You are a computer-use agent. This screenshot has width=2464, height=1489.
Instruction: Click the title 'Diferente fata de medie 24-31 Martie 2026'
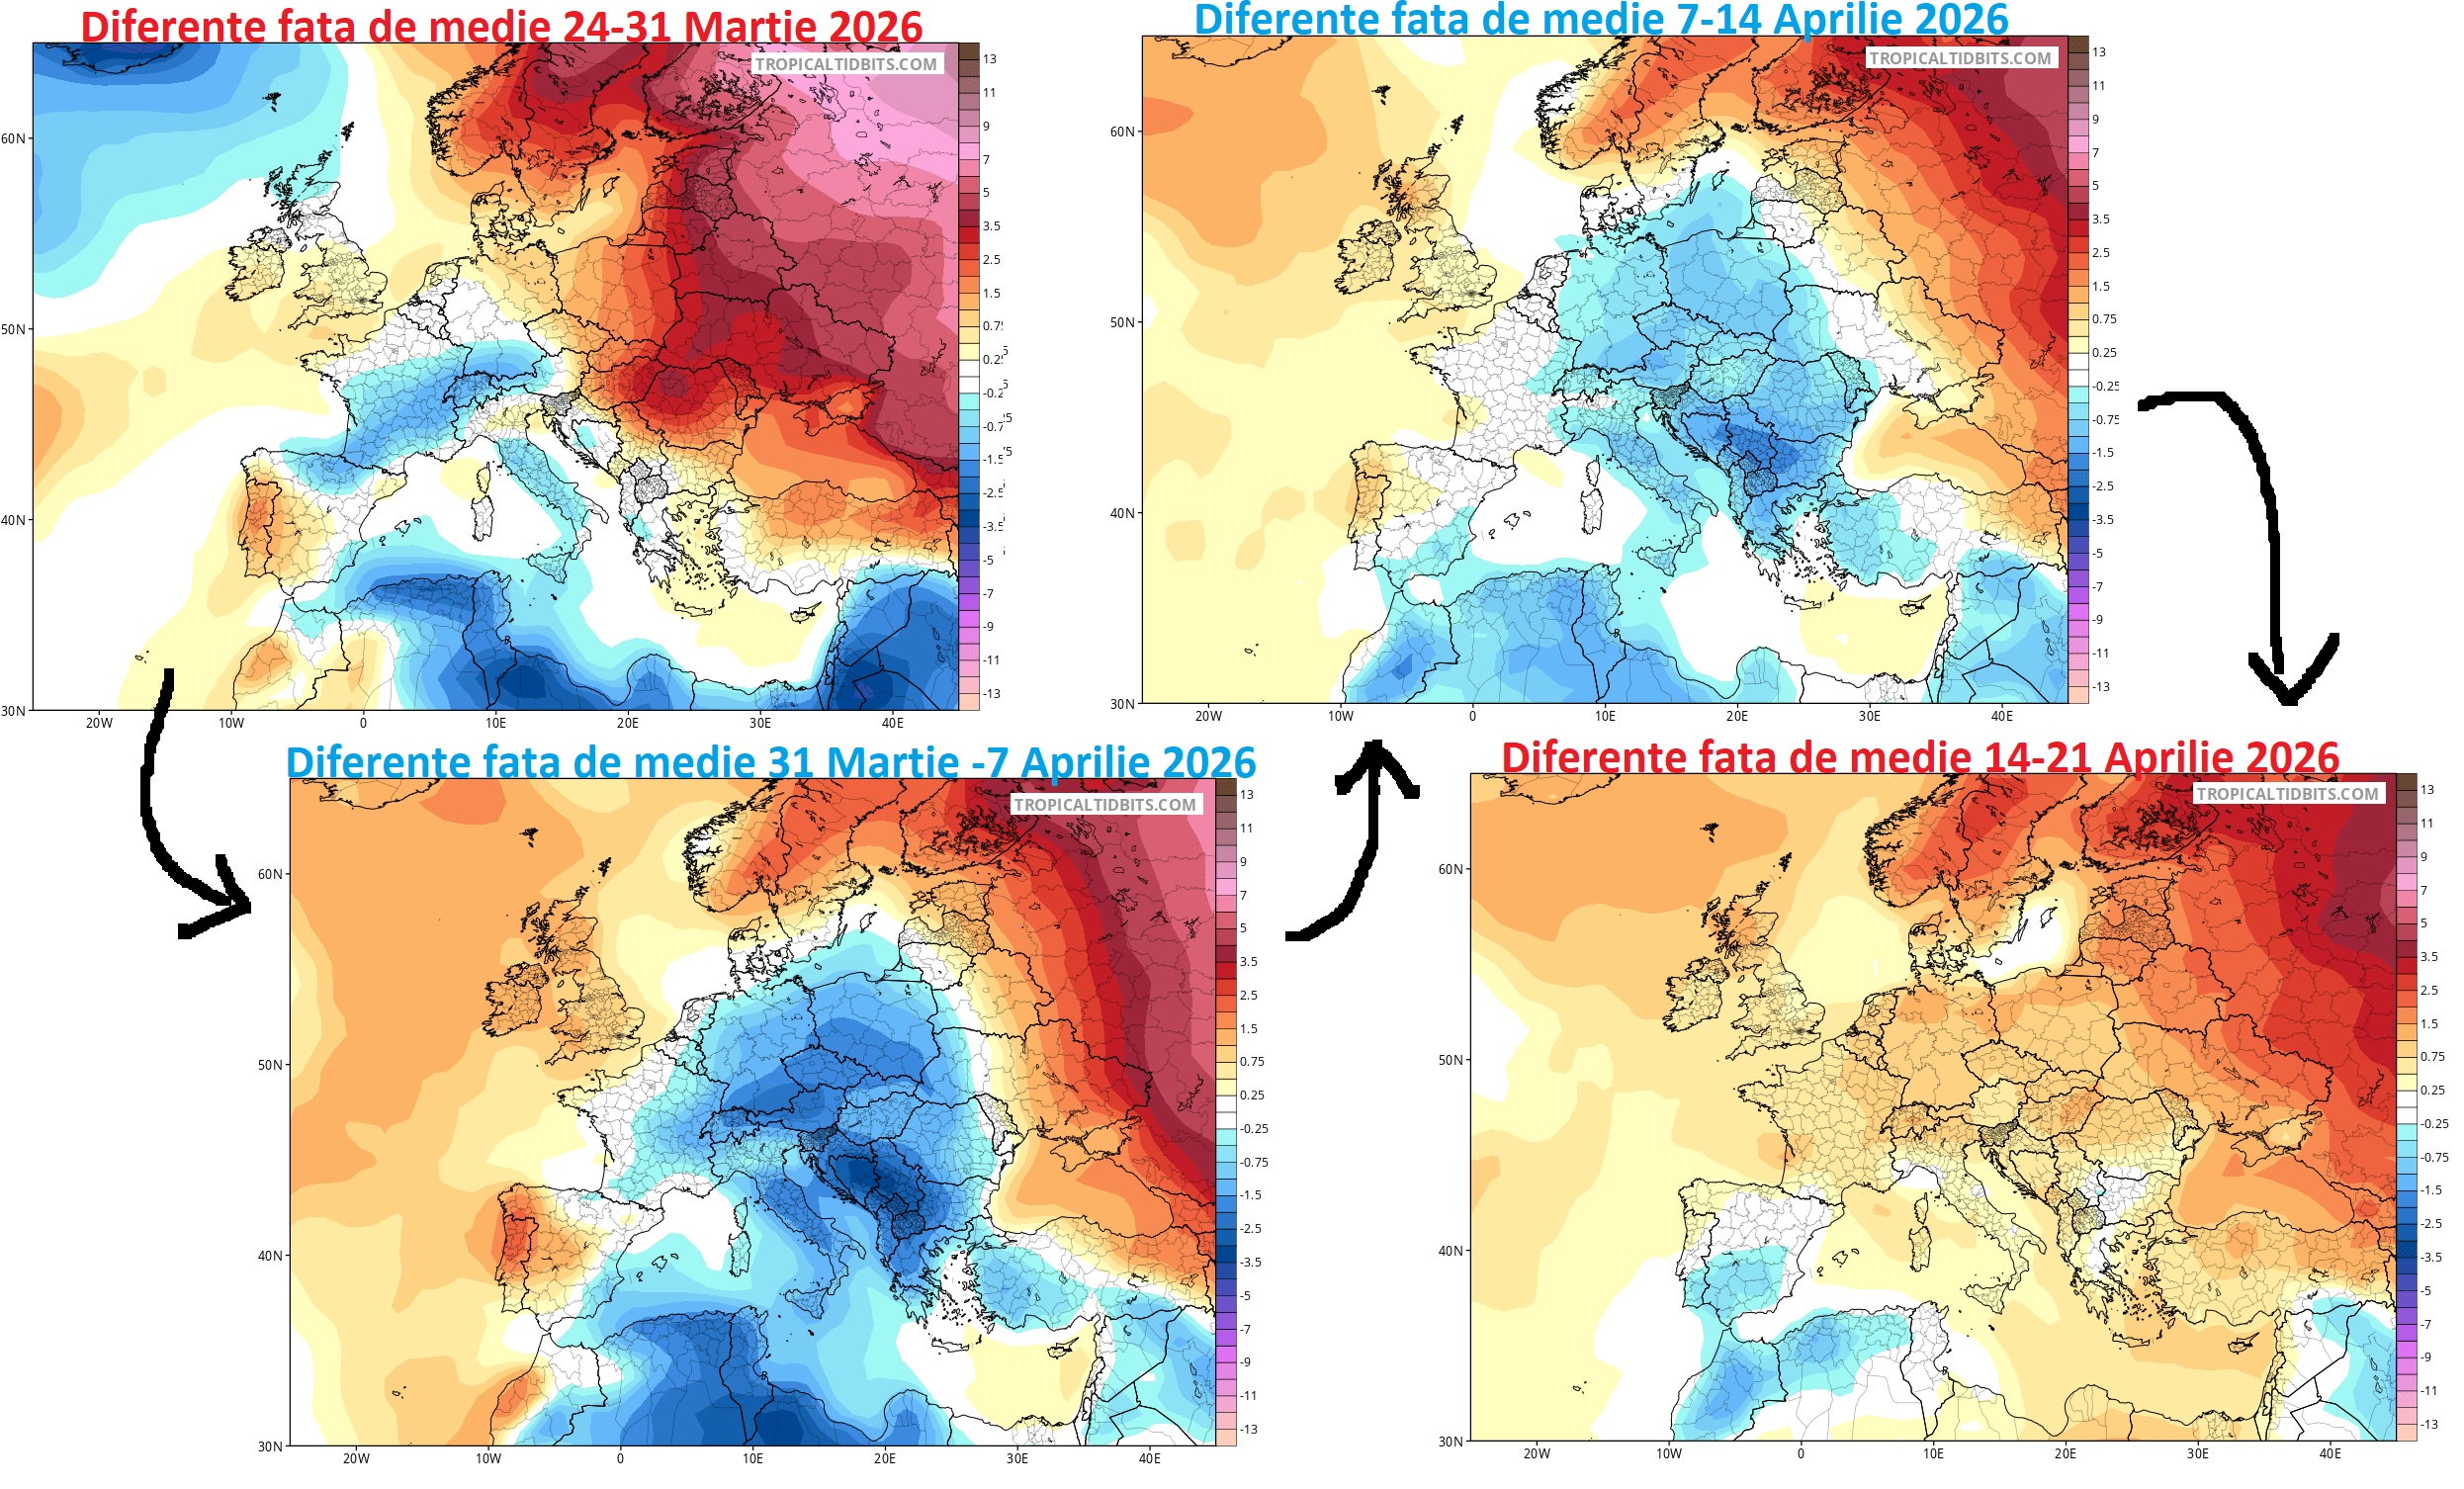501,26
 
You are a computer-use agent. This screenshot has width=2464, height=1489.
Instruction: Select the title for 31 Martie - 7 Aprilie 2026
770,762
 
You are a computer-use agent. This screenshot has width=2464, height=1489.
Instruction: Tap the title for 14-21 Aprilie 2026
1919,757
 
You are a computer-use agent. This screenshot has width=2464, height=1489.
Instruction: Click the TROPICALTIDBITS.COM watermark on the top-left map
845,64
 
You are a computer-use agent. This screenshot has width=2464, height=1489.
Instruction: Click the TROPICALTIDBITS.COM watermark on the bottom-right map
2287,794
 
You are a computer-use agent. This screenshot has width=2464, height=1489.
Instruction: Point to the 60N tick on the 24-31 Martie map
13,139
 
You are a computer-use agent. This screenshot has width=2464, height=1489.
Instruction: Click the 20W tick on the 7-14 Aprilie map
1208,717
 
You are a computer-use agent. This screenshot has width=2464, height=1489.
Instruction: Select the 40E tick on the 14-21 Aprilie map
2329,1454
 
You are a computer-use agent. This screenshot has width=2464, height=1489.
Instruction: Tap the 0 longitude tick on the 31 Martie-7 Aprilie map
620,1459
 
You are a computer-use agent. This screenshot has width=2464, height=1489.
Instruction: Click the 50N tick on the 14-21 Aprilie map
1450,1060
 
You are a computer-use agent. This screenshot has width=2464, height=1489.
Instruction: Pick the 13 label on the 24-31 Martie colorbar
989,59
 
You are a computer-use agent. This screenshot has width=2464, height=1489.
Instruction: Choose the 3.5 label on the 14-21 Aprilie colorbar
2430,957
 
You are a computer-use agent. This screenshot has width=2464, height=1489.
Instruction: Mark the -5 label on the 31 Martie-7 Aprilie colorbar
1245,1296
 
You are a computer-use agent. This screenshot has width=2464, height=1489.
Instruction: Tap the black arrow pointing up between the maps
1370,840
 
